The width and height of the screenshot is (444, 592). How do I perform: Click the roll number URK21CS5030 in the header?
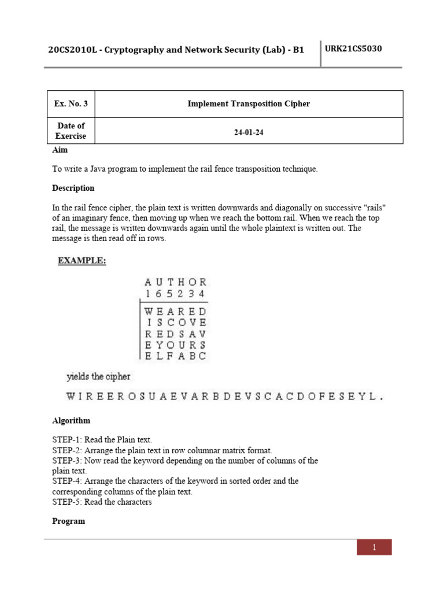click(x=353, y=49)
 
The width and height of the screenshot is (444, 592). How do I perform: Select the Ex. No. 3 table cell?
click(x=71, y=104)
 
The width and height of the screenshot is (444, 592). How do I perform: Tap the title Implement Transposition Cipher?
click(x=249, y=104)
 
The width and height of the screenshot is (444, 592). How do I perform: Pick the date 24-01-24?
click(x=249, y=132)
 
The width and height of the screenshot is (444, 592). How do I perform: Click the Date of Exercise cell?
click(x=71, y=131)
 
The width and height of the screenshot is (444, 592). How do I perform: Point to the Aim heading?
click(x=60, y=150)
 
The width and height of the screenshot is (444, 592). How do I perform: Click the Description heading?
click(x=73, y=188)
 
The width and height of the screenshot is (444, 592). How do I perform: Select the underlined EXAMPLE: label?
click(x=82, y=261)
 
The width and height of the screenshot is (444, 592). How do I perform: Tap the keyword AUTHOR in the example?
click(x=175, y=282)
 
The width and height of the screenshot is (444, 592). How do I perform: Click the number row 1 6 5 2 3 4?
click(x=175, y=294)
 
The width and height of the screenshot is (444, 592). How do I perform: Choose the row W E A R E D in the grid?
click(x=175, y=311)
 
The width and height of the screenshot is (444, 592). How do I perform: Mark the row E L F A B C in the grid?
click(x=175, y=356)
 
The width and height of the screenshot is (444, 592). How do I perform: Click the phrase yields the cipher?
click(x=99, y=376)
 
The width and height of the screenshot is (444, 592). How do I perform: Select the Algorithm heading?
click(x=71, y=420)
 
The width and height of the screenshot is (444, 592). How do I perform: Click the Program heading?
click(x=68, y=521)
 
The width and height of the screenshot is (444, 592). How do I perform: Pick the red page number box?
click(x=374, y=547)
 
